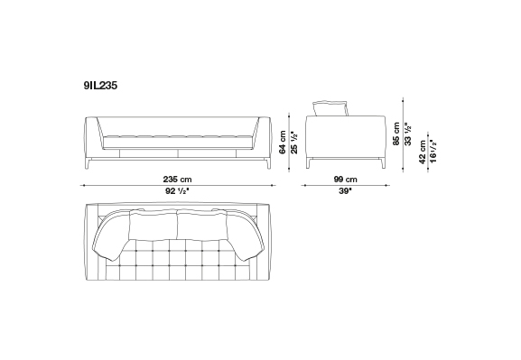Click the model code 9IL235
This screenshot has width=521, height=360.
click(x=100, y=86)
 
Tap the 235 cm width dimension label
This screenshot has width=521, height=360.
click(x=177, y=180)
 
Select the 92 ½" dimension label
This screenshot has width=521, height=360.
click(x=177, y=191)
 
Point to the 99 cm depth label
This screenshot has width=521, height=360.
click(x=345, y=180)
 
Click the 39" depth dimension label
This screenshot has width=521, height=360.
click(x=345, y=191)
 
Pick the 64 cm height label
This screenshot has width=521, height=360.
click(x=283, y=143)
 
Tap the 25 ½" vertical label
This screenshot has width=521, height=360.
click(x=294, y=143)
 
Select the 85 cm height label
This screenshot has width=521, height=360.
click(x=396, y=134)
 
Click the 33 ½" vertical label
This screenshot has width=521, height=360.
click(x=408, y=134)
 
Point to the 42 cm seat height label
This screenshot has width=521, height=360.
click(x=422, y=152)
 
